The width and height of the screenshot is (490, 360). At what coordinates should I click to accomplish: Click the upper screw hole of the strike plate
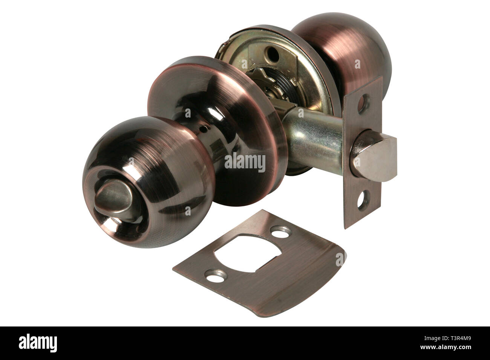pos(281,232)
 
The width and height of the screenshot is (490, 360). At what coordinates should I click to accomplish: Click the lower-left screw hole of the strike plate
pos(216,276)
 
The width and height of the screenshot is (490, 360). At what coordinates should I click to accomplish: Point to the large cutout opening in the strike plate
pos(247,253)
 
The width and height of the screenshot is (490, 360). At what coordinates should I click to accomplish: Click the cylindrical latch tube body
pos(315,140)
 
